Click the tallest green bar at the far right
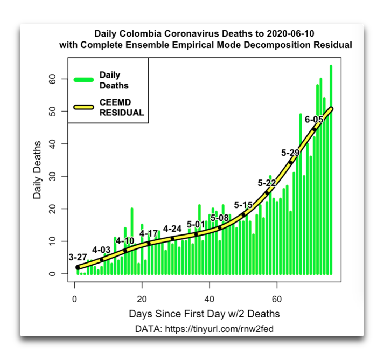coord(331,170)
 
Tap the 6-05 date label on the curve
coord(314,120)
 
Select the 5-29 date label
coord(290,153)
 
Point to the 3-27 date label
coord(78,257)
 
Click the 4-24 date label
coord(172,229)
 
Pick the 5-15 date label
coord(243,205)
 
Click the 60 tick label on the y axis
coord(52,79)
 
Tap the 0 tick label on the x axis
coord(74,299)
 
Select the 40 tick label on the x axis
coord(210,299)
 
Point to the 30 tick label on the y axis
coord(52,176)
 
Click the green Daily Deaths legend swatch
coord(84,80)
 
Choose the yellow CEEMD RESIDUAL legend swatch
coord(84,107)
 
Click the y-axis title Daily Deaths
coord(37,170)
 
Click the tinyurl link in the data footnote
coord(219,329)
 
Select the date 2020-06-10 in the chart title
coord(290,33)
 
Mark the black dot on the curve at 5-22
coord(267,193)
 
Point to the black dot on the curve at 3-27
coord(78,267)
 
